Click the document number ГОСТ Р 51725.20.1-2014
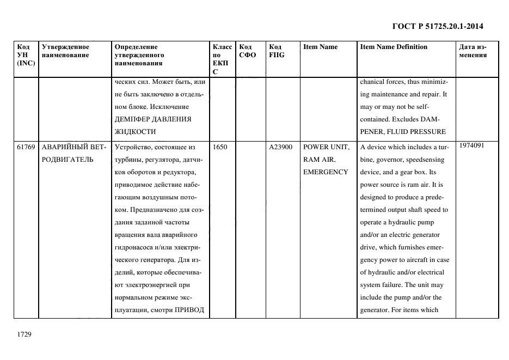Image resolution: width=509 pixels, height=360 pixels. (438, 26)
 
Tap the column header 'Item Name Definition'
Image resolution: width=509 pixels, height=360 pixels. (394, 47)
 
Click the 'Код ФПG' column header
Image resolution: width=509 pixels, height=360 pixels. (276, 51)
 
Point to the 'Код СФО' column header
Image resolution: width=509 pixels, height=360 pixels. (247, 51)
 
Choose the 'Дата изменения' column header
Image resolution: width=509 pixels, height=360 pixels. (473, 51)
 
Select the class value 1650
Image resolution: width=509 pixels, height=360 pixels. (220, 147)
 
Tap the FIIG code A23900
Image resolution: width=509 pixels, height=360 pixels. (281, 147)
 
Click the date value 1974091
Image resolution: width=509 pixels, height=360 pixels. (471, 145)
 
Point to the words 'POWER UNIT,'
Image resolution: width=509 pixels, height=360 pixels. (326, 147)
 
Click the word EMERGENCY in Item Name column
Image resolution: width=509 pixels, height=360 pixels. (326, 172)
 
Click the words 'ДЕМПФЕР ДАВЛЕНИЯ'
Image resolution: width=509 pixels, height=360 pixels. (152, 119)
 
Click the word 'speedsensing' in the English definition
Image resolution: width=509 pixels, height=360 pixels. (424, 160)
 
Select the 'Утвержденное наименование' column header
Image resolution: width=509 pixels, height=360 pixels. (65, 51)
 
